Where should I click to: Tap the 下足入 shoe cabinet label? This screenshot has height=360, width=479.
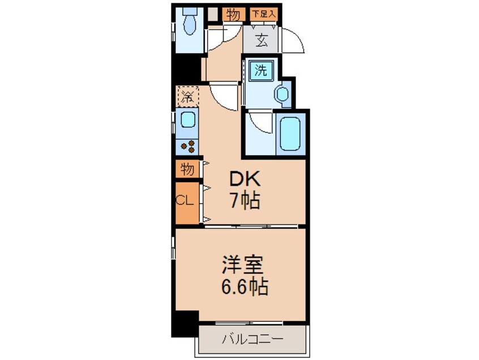coord(264,14)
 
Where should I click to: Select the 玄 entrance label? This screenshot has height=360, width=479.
coord(262,40)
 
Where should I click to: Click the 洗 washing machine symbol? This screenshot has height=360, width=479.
coord(260,71)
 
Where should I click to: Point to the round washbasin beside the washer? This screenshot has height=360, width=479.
coord(282,94)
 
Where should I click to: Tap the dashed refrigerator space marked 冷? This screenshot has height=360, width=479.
coord(187,96)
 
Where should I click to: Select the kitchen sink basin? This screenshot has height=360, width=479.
coord(187,119)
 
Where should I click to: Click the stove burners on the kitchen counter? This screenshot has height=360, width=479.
coord(187,146)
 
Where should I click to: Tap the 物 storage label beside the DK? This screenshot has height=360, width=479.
coord(187,169)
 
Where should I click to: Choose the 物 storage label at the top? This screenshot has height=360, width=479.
coord(233,14)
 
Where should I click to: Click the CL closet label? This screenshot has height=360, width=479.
coord(185,201)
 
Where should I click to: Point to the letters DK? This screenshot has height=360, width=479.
coord(245,179)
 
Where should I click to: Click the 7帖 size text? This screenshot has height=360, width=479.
coord(245,200)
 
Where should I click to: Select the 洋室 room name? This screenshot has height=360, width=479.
coord(242,264)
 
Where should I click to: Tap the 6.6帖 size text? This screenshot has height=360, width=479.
coord(245,286)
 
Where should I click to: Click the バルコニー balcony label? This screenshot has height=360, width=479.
coord(253,339)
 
